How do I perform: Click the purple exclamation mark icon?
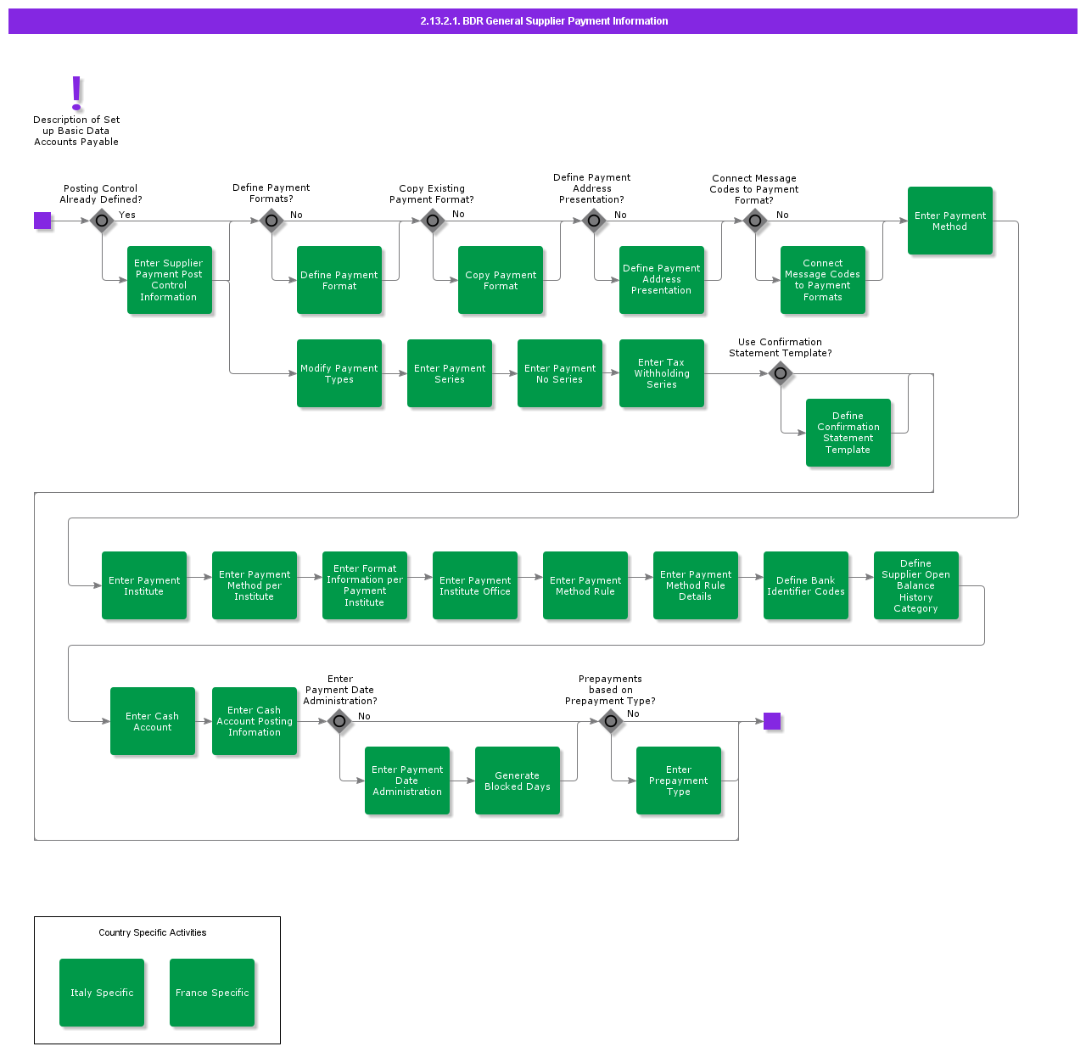(x=76, y=92)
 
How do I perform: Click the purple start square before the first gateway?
(x=42, y=221)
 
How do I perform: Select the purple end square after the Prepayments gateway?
(x=772, y=721)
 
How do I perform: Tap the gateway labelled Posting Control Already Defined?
(x=102, y=221)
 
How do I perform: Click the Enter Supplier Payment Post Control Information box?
(x=170, y=280)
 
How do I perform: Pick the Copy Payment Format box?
(x=501, y=280)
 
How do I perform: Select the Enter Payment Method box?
(x=950, y=221)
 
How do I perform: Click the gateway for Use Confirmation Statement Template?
(x=781, y=373)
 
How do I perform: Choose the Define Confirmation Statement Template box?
(x=848, y=433)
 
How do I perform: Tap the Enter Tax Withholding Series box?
(x=662, y=373)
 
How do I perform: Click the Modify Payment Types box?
(x=339, y=373)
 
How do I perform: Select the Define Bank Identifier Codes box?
(x=806, y=585)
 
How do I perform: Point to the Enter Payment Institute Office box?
(x=475, y=585)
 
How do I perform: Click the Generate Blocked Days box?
(x=518, y=781)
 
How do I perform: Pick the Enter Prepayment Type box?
(x=679, y=781)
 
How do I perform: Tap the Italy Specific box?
(x=102, y=993)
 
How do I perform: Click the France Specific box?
(x=212, y=993)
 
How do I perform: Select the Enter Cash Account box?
(x=153, y=721)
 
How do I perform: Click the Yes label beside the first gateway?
(x=127, y=215)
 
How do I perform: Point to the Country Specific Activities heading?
(x=153, y=932)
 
